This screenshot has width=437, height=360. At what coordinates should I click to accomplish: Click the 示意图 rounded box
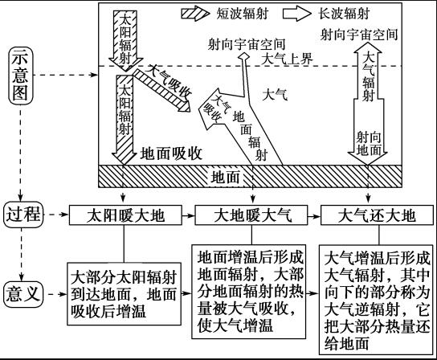pos(20,76)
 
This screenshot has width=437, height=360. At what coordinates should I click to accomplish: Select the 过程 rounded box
pos(23,215)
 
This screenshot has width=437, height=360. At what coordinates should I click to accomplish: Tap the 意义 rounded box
pos(23,294)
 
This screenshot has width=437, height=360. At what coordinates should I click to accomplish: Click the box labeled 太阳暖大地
pos(125,215)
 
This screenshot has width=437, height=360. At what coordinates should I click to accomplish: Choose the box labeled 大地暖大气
pos(251,215)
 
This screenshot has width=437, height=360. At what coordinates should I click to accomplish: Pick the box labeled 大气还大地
pos(377,215)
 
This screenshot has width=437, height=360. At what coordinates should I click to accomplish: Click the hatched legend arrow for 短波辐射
pos(195,14)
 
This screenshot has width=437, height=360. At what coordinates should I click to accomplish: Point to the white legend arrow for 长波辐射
pos(297,14)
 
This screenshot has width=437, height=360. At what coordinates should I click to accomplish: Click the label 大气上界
pos(287,59)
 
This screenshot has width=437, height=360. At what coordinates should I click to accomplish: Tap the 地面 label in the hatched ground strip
pos(225,177)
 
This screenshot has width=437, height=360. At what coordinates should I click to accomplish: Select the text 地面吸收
pos(171,153)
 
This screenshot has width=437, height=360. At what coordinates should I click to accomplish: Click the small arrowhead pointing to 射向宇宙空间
pos(244,56)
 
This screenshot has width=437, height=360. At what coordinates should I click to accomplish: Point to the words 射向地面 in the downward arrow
pos(369,144)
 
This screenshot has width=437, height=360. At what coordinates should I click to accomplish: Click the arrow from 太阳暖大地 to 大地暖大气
pos(189,215)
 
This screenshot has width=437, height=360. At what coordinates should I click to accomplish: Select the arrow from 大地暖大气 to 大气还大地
pos(314,215)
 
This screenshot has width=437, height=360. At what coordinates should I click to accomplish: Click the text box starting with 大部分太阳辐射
pos(124,294)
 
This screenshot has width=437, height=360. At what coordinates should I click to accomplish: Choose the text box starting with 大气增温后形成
pos(376,300)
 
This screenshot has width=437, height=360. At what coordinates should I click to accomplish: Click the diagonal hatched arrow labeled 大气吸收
pos(162,90)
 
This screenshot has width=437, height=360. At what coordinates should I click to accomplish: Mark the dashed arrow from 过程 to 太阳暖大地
pos(56,215)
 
